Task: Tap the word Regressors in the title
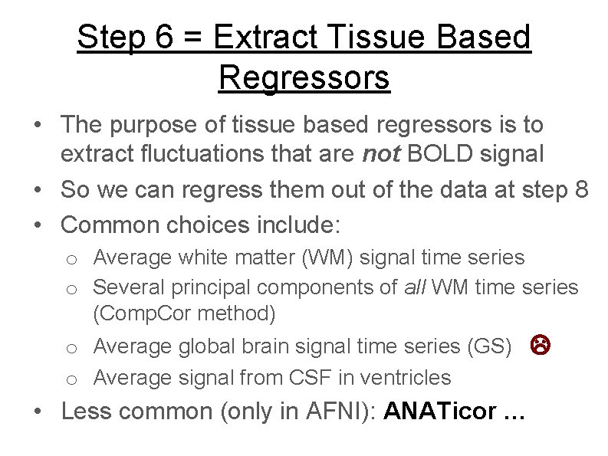[x=304, y=77]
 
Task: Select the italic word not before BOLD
[x=381, y=153]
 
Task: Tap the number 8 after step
[x=580, y=189]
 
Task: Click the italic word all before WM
[x=416, y=287]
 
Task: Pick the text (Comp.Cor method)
[x=184, y=313]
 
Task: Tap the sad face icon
[x=539, y=346]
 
